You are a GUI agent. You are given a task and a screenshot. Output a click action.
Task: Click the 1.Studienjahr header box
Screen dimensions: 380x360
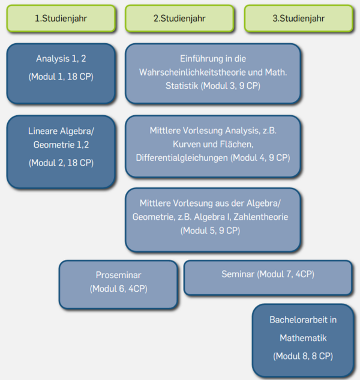pyautogui.click(x=61, y=18)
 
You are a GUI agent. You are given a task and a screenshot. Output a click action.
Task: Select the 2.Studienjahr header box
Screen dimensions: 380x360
pyautogui.click(x=179, y=18)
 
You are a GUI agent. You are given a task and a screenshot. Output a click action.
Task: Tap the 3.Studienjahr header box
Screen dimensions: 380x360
pyautogui.click(x=298, y=18)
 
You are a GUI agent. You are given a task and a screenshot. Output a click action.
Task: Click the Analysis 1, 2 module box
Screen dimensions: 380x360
pyautogui.click(x=61, y=73)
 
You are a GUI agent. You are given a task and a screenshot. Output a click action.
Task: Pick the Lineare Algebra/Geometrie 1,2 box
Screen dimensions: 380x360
pyautogui.click(x=61, y=151)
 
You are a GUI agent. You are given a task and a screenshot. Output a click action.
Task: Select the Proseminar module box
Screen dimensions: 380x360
pyautogui.click(x=118, y=283)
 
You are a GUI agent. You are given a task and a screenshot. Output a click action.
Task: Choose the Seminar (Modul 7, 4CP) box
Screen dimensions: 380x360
pyautogui.click(x=268, y=277)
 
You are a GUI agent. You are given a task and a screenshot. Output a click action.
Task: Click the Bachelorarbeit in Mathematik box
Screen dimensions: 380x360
pyautogui.click(x=302, y=340)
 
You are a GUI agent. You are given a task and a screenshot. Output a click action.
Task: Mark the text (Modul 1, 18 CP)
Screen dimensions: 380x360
pyautogui.click(x=61, y=76)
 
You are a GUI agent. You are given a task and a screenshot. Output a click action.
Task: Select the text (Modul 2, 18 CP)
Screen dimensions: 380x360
pyautogui.click(x=61, y=162)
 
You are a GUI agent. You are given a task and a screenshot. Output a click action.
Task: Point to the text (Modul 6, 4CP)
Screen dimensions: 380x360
pyautogui.click(x=118, y=289)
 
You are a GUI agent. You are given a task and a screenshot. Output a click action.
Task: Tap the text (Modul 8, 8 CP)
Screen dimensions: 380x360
pyautogui.click(x=303, y=356)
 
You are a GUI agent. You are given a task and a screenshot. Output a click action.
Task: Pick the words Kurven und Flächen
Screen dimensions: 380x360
pyautogui.click(x=211, y=145)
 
